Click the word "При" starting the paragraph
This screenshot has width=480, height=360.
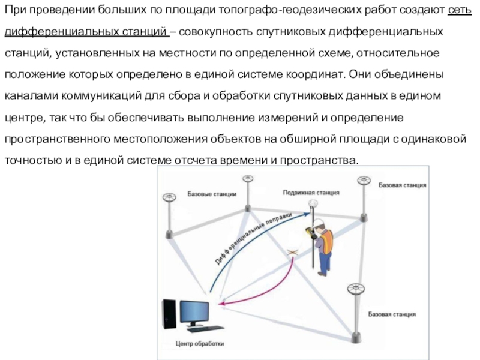[14, 10]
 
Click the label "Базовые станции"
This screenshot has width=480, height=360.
[212, 194]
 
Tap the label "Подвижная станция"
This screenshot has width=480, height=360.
[311, 193]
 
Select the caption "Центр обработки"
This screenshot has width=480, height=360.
[200, 344]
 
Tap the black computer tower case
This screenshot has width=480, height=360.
[170, 313]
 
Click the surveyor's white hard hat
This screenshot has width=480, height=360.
[322, 223]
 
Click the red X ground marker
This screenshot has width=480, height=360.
[292, 253]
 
